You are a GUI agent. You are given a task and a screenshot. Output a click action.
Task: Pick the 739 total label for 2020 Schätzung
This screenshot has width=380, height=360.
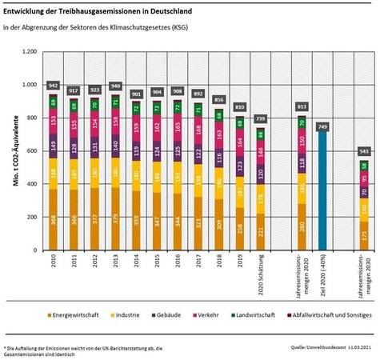tap(261, 118)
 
